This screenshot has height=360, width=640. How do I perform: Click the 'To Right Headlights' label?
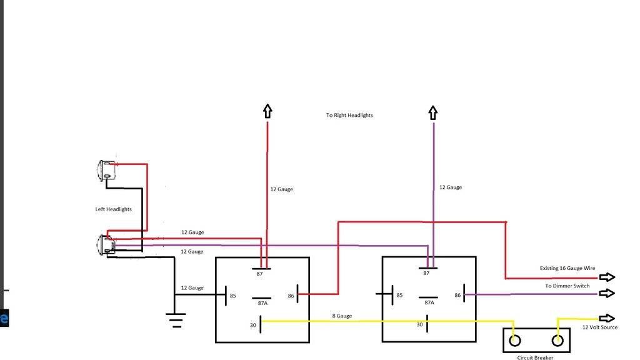pyautogui.click(x=349, y=116)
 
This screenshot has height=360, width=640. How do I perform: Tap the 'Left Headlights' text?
pyautogui.click(x=113, y=209)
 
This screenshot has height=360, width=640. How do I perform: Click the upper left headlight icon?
pyautogui.click(x=104, y=171)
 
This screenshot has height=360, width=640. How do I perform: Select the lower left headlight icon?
pyautogui.click(x=105, y=244)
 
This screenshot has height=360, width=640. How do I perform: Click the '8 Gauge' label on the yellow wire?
pyautogui.click(x=342, y=316)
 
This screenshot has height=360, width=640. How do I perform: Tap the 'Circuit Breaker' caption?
pyautogui.click(x=535, y=357)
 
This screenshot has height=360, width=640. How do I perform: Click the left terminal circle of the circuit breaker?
pyautogui.click(x=514, y=341)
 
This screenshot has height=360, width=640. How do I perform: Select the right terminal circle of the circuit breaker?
pyautogui.click(x=557, y=341)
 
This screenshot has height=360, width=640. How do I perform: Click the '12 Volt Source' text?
pyautogui.click(x=599, y=327)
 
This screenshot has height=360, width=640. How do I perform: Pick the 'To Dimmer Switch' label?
pyautogui.click(x=567, y=286)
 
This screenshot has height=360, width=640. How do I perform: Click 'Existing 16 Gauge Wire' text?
pyautogui.click(x=567, y=268)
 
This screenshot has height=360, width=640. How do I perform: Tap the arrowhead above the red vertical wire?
pyautogui.click(x=267, y=111)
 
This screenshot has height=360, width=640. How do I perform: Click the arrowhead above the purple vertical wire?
pyautogui.click(x=432, y=112)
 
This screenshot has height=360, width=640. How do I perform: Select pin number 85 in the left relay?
pyautogui.click(x=232, y=296)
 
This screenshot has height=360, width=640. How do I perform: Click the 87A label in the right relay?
pyautogui.click(x=429, y=302)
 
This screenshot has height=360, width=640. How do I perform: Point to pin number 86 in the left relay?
pyautogui.click(x=291, y=296)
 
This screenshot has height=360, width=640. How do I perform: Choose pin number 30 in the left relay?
pyautogui.click(x=252, y=324)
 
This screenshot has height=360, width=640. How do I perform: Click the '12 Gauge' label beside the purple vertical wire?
pyautogui.click(x=450, y=187)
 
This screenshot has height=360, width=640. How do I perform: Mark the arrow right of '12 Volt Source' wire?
pyautogui.click(x=607, y=318)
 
